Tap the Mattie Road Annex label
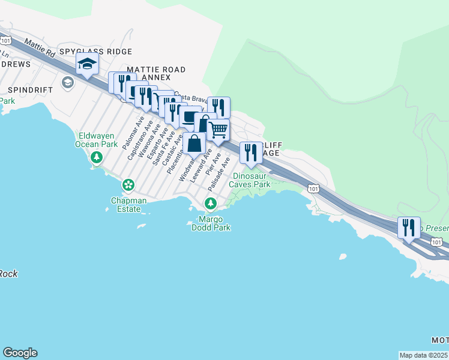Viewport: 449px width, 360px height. [148, 73]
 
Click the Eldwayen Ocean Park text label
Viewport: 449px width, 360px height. [97, 140]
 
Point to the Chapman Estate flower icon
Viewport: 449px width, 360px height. [128, 184]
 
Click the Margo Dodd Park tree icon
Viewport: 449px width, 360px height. [211, 204]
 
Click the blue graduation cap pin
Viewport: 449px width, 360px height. [87, 64]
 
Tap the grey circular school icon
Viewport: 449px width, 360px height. [67, 82]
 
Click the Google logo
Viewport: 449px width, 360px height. [20, 353]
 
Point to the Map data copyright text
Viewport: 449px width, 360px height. [424, 355]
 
